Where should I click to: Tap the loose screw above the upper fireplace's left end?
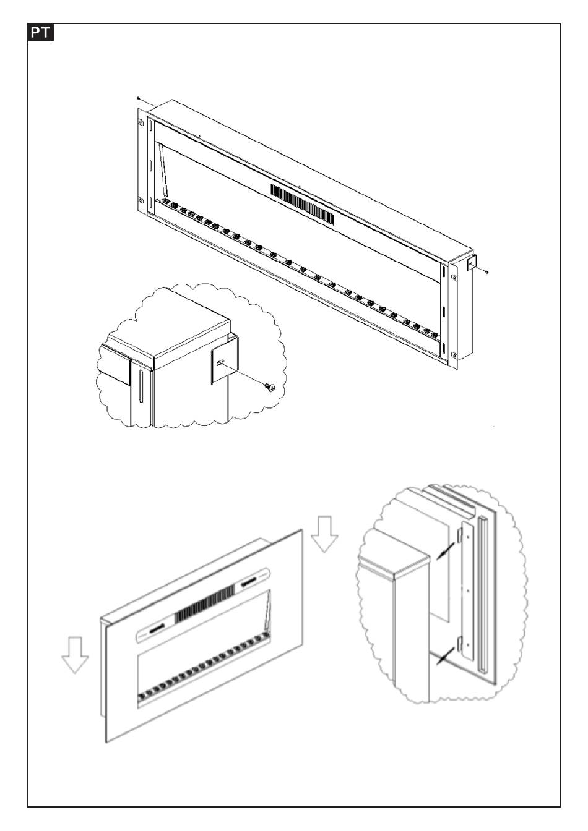[x=137, y=98]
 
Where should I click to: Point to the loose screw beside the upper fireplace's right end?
[x=488, y=270]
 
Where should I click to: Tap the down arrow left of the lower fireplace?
[x=75, y=654]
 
